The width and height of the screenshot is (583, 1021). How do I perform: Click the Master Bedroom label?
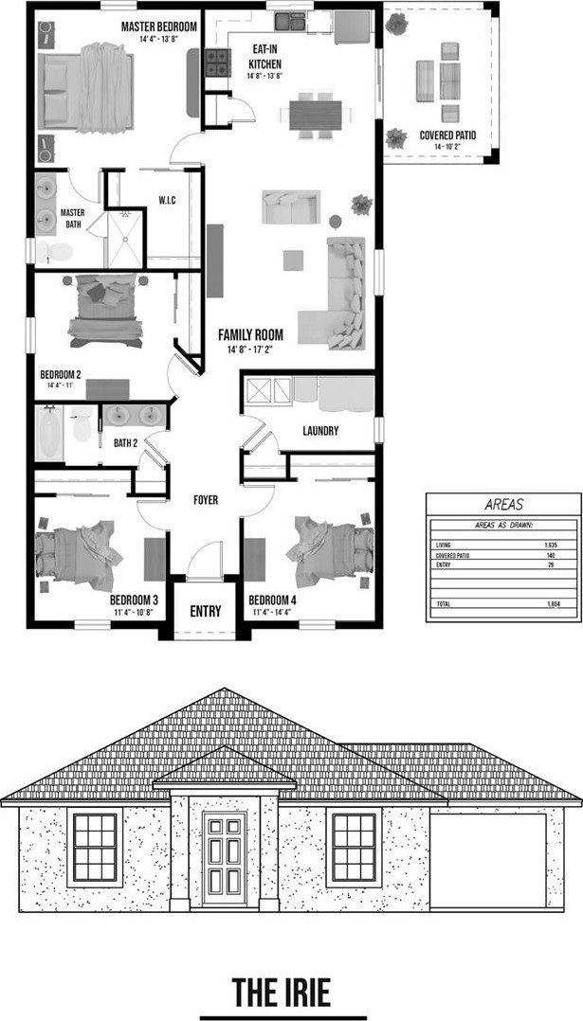point(158,27)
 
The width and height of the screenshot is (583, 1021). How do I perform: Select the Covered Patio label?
point(447,135)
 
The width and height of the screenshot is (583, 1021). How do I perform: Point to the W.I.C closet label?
point(168,200)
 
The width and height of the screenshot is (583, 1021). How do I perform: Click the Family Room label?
point(250,334)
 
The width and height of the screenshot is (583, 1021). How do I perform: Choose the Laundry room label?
point(320,431)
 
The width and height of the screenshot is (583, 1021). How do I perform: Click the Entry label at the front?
point(205,611)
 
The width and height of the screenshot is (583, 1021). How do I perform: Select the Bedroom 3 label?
point(133,600)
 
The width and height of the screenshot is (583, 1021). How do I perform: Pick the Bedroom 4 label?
point(272,600)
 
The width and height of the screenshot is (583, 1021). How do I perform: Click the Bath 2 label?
point(127,442)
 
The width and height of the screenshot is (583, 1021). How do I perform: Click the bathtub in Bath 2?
point(50,434)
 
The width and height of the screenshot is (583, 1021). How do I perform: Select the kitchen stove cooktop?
point(217,63)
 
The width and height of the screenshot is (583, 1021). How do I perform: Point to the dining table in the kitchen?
point(313,115)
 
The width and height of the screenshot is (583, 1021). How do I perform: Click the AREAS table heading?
point(502,505)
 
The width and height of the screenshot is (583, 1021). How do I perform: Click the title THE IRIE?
point(282,993)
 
